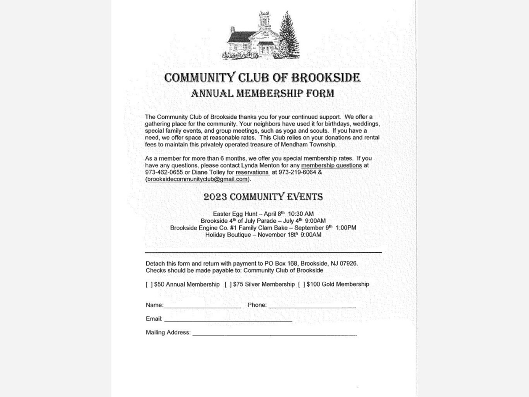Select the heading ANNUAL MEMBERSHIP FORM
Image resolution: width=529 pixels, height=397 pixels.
point(263,93)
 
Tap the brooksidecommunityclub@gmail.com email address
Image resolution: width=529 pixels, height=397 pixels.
point(197,180)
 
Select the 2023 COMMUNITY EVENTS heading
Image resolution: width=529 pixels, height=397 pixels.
point(263,197)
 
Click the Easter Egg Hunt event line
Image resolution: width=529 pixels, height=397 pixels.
point(263,214)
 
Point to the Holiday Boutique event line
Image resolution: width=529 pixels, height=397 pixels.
point(263,235)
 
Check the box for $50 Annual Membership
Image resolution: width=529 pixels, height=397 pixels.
point(149,284)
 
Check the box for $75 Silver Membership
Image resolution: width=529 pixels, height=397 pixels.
point(228,284)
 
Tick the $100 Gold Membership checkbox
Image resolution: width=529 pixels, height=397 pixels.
point(302,284)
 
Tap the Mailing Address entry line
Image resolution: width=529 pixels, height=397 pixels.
point(274,334)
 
